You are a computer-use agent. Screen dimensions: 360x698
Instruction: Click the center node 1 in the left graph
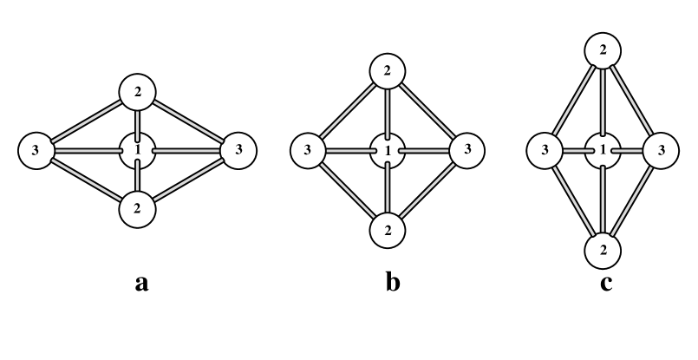(137, 151)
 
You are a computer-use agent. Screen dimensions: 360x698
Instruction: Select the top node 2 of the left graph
(137, 93)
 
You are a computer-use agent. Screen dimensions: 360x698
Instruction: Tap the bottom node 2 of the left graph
(137, 209)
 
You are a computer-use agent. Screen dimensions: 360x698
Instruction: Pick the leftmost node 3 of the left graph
(36, 151)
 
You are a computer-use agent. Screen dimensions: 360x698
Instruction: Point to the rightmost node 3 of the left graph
(238, 151)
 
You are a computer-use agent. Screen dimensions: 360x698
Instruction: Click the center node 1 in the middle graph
(388, 151)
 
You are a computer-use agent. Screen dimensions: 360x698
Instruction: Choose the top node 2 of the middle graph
(388, 71)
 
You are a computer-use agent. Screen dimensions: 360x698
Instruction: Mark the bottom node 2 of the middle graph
(388, 231)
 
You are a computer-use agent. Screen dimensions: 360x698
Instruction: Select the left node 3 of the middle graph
(308, 151)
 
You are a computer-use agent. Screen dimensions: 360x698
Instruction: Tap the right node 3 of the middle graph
(467, 151)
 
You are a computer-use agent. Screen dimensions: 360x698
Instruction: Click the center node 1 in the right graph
(603, 151)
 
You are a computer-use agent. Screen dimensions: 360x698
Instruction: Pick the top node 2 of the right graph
(603, 50)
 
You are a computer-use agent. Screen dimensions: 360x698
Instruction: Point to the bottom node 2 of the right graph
(603, 252)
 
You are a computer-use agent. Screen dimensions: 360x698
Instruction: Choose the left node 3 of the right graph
(545, 151)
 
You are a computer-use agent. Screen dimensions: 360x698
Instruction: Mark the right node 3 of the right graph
(661, 151)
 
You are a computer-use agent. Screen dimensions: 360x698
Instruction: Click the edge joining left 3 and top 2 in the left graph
(87, 122)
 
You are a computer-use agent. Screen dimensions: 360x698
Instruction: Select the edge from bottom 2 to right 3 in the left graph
(188, 180)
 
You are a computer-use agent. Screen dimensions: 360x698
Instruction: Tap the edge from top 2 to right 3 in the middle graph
(427, 111)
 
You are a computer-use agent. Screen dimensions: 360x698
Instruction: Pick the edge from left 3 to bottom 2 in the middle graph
(348, 191)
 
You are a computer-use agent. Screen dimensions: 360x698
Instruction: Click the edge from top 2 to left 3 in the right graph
(573, 101)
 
